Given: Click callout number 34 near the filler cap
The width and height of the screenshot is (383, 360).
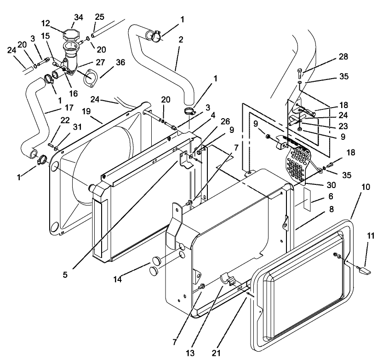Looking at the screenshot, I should coord(80,18).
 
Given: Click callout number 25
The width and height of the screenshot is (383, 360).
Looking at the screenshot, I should coord(99,17).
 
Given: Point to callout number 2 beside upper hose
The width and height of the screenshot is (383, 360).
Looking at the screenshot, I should coord(180,40).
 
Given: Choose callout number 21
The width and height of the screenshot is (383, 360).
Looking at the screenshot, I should coord(217,353).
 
